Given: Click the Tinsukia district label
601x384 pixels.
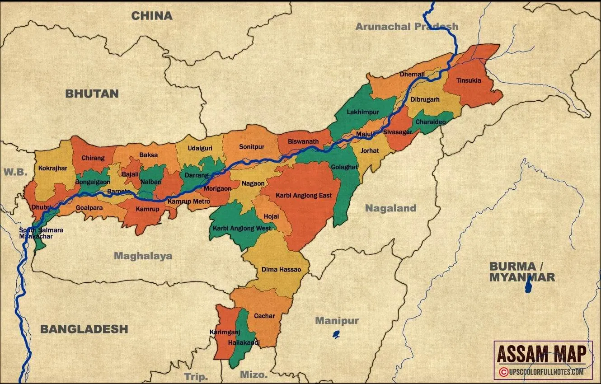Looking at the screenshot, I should [469, 80].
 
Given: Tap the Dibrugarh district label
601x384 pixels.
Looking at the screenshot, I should [425, 100].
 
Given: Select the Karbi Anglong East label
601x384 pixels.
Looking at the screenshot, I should [302, 196].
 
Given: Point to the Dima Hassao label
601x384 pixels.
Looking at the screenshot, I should [278, 269].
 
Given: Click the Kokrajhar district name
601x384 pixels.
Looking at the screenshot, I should [53, 168].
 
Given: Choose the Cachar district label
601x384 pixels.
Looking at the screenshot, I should [264, 316].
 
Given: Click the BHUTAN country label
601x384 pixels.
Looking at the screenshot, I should [92, 94].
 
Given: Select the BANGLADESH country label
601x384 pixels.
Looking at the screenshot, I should [84, 329].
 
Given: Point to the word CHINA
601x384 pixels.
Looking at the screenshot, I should [152, 16].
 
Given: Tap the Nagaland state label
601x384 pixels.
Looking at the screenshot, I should [390, 208].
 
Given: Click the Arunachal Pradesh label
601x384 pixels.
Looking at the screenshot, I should [407, 27].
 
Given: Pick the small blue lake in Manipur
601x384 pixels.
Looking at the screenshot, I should [336, 335].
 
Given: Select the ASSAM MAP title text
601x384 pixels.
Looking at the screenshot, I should [542, 354].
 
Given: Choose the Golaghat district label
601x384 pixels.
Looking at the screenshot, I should [344, 167].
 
